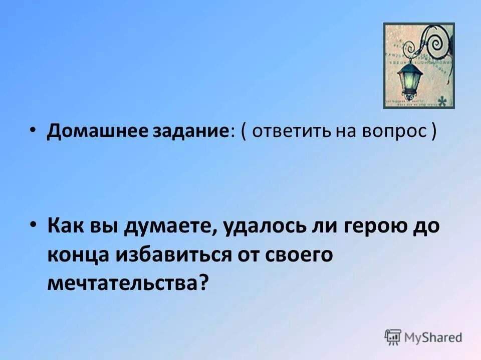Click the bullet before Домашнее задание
[x=33, y=129]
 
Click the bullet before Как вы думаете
[x=33, y=225]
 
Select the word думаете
[x=170, y=227]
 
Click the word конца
[x=81, y=255]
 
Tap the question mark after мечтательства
[x=202, y=283]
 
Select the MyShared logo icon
[x=393, y=337]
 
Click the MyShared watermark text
[x=433, y=337]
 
